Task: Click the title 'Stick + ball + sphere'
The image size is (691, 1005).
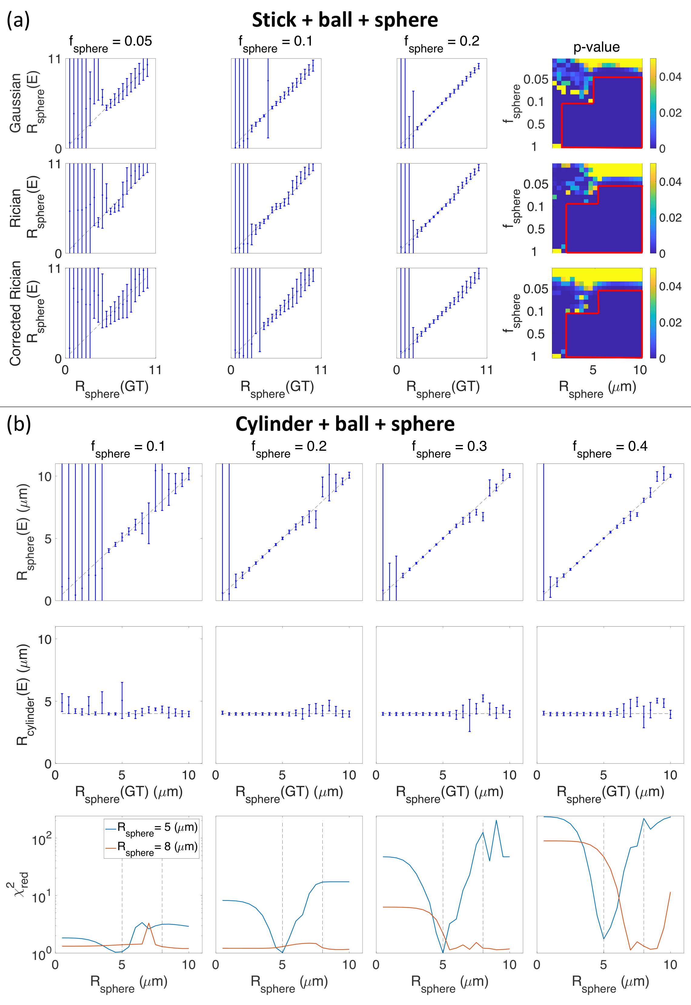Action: click(345, 20)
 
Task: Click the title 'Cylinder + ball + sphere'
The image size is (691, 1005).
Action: click(345, 424)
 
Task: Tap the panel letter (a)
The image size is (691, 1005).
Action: click(18, 20)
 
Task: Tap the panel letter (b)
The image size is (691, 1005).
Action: click(18, 424)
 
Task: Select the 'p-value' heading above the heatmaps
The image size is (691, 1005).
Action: click(596, 47)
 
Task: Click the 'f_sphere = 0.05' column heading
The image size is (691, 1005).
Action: click(110, 43)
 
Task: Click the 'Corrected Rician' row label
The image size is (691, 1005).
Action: click(15, 313)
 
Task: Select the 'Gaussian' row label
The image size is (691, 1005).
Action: click(15, 103)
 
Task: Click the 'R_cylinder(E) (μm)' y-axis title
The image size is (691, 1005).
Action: click(22, 694)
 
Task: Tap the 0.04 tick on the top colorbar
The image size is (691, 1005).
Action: click(670, 77)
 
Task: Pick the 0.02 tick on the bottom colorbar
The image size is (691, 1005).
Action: click(670, 322)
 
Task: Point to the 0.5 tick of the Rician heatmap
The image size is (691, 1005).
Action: click(536, 229)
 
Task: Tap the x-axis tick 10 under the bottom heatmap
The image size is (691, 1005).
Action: click(640, 370)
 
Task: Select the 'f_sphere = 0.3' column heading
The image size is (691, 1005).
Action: click(449, 448)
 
